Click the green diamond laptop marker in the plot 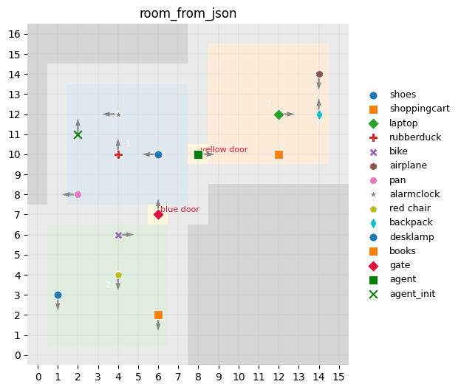point(279,114)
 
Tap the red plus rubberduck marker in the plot point(118,154)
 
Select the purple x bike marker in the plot point(118,235)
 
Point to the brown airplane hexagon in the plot point(319,75)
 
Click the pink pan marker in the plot point(78,194)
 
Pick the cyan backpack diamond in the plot point(319,114)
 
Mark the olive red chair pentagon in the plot point(118,275)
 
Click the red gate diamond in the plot point(158,215)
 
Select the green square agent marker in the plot point(198,154)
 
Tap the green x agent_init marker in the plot point(78,134)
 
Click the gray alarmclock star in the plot point(118,114)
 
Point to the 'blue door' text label point(180,210)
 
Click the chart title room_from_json point(188,13)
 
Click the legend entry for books point(403,251)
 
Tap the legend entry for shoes point(403,95)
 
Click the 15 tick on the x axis point(339,377)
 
